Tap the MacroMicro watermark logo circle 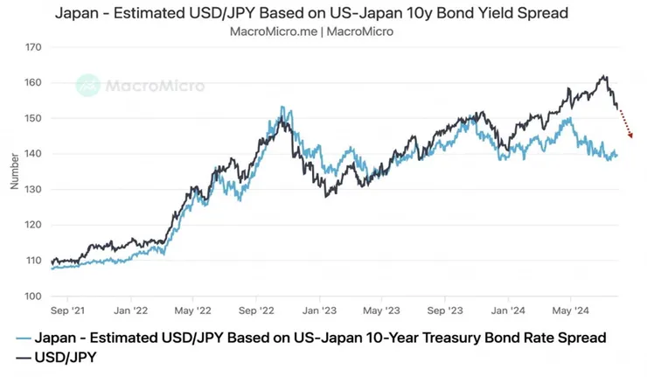(88, 86)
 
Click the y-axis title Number (13, 171)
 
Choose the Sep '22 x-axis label (258, 310)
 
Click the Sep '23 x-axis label (446, 310)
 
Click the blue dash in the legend (24, 338)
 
